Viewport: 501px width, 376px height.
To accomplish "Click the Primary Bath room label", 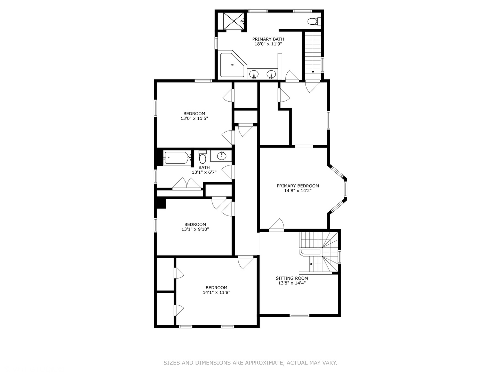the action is pyautogui.click(x=268, y=39).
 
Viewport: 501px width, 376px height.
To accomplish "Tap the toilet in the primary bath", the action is pyautogui.click(x=314, y=22).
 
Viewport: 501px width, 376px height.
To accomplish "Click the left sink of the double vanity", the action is pyautogui.click(x=254, y=74).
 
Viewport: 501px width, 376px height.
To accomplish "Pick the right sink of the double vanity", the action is pyautogui.click(x=271, y=74).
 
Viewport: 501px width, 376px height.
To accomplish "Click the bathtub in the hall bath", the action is pyautogui.click(x=177, y=158).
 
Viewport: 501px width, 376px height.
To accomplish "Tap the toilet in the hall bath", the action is pyautogui.click(x=202, y=157).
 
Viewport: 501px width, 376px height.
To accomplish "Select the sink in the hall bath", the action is pyautogui.click(x=222, y=156).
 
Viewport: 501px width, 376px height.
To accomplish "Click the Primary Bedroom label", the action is pyautogui.click(x=297, y=186).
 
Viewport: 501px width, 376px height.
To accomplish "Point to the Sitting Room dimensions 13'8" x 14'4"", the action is pyautogui.click(x=292, y=283).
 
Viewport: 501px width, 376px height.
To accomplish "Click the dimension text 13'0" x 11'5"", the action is pyautogui.click(x=194, y=118).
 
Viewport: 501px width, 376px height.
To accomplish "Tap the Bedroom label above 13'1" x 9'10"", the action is pyautogui.click(x=195, y=225).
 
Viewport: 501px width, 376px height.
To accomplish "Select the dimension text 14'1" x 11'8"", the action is pyautogui.click(x=216, y=292).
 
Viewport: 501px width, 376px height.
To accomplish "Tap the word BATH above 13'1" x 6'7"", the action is pyautogui.click(x=204, y=167).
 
